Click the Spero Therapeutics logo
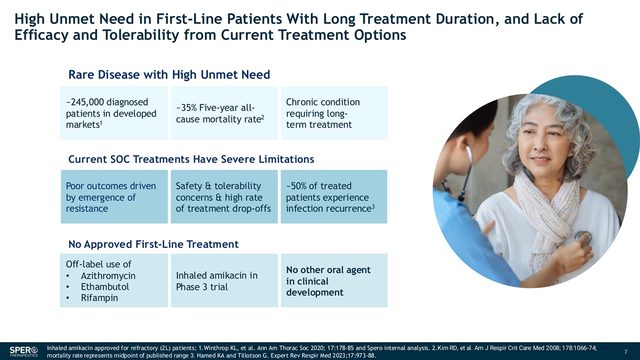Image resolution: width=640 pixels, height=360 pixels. click(23, 350)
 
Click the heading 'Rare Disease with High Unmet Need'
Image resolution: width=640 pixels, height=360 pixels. click(170, 75)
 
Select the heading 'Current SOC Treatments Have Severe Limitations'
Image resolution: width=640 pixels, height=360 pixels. click(191, 159)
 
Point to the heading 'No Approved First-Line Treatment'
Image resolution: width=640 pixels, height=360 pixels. click(154, 244)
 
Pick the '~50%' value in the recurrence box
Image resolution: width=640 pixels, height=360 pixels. click(297, 186)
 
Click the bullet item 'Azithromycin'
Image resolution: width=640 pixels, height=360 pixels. click(108, 276)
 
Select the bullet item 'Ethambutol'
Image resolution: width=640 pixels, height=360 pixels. click(105, 287)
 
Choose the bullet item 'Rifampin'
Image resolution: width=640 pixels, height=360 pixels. click(99, 298)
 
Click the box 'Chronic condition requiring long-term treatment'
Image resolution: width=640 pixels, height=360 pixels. click(334, 113)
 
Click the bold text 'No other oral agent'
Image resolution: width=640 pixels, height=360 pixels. click(329, 270)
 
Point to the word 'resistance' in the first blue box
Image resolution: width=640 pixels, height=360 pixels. click(87, 209)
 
